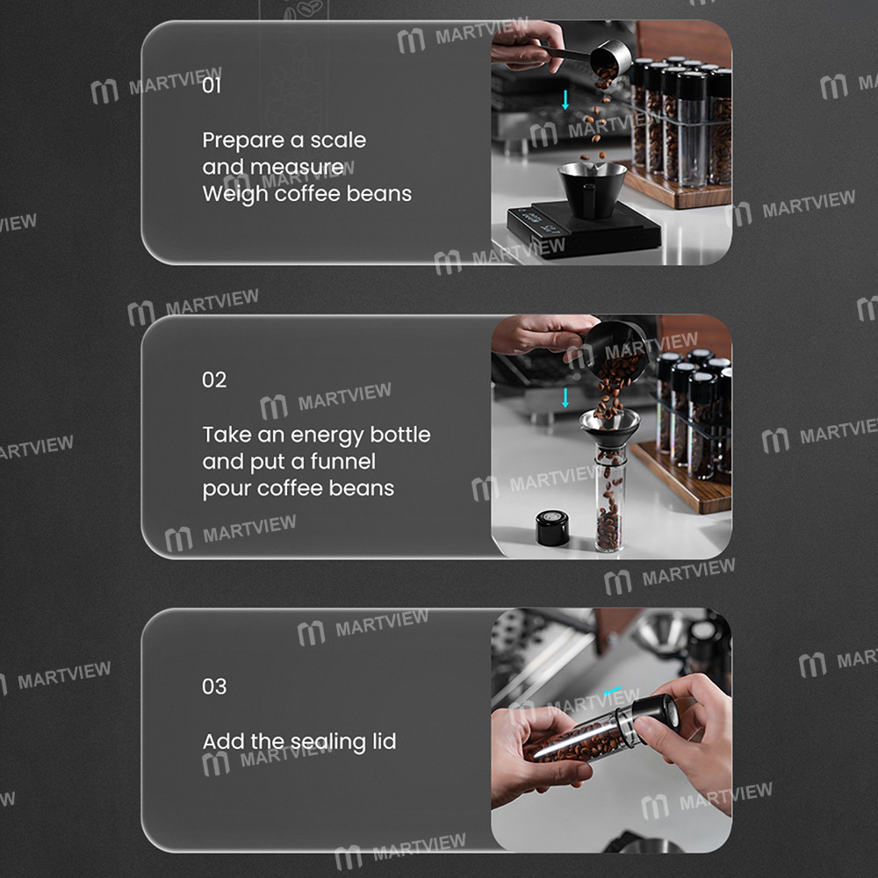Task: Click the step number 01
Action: click(x=212, y=86)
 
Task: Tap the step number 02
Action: click(x=214, y=380)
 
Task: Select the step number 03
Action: click(x=214, y=687)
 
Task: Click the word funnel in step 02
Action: click(x=342, y=462)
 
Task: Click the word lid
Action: click(x=385, y=741)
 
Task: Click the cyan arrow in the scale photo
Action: click(x=565, y=100)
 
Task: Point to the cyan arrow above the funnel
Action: click(x=565, y=398)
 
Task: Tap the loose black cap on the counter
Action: click(x=552, y=528)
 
